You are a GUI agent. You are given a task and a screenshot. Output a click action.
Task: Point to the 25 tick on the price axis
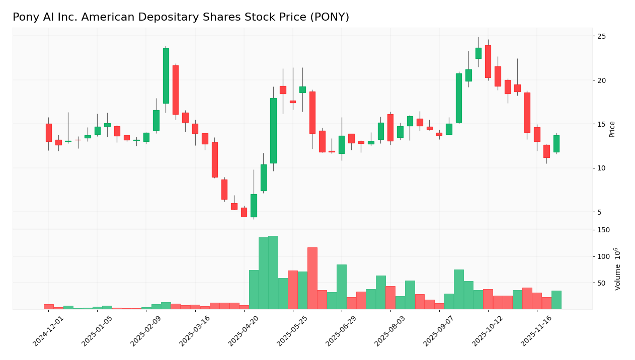(601, 36)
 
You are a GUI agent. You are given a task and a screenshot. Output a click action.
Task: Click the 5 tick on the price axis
(600, 212)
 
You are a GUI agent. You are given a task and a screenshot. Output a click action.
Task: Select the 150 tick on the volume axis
(603, 230)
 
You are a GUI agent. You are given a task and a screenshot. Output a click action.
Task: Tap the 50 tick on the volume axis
(601, 283)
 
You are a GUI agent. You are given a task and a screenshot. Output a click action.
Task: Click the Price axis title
(612, 129)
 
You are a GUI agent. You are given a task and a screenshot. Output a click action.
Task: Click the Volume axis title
(617, 269)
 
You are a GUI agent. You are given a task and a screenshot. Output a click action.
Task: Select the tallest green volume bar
(273, 272)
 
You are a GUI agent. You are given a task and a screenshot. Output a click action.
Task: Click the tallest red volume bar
(312, 278)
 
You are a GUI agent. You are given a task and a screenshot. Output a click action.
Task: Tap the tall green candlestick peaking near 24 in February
(166, 75)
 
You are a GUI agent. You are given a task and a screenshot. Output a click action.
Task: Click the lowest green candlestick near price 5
(254, 205)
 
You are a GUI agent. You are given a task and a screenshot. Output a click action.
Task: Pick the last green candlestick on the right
(556, 143)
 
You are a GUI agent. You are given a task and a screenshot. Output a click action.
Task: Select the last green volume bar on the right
(556, 300)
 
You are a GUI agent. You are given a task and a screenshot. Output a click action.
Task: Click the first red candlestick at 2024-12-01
(48, 132)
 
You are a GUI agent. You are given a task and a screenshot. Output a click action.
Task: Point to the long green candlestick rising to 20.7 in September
(459, 98)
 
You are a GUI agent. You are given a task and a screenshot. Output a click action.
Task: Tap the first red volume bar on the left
(48, 306)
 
